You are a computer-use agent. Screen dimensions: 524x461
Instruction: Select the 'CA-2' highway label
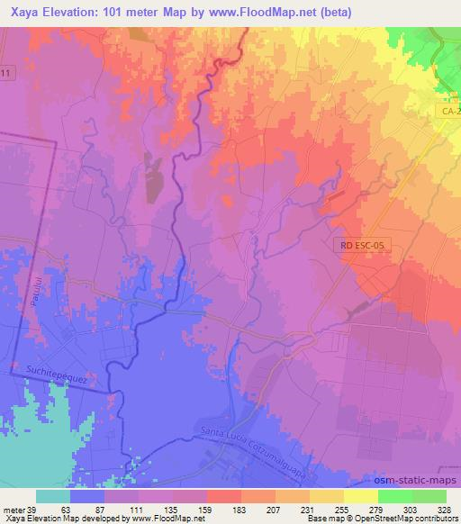pyautogui.click(x=450, y=111)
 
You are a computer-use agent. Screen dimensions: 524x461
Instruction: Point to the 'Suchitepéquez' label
pyautogui.click(x=56, y=379)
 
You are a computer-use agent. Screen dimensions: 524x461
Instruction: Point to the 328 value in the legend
pyautogui.click(x=447, y=510)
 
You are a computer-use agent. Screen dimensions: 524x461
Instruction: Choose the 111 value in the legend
pyautogui.click(x=139, y=510)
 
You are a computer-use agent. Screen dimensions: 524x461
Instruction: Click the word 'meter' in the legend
pyautogui.click(x=14, y=510)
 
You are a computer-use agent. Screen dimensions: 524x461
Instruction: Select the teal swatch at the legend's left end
pyautogui.click(x=53, y=496)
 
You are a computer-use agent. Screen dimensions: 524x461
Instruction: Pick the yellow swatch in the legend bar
pyautogui.click(x=361, y=496)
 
